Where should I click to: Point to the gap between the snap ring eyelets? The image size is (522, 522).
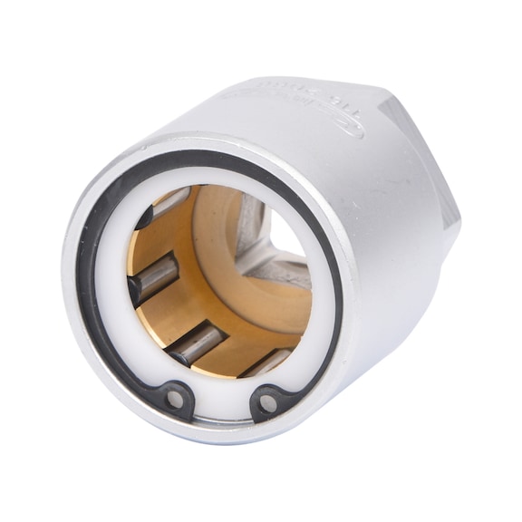point(220,403)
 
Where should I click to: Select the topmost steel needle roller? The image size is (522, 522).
point(169,201)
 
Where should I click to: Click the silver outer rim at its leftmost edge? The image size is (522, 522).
point(67,272)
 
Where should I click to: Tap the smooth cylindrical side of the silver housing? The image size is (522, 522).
point(362,236)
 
